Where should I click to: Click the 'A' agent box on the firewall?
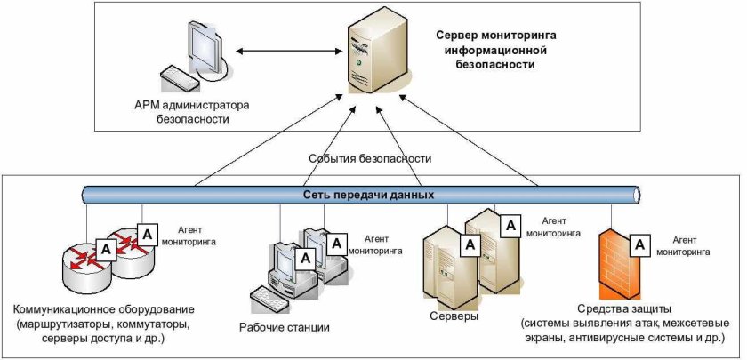[x=639, y=242]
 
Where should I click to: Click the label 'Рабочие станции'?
[x=284, y=326]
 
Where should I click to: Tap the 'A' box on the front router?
[x=105, y=251]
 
